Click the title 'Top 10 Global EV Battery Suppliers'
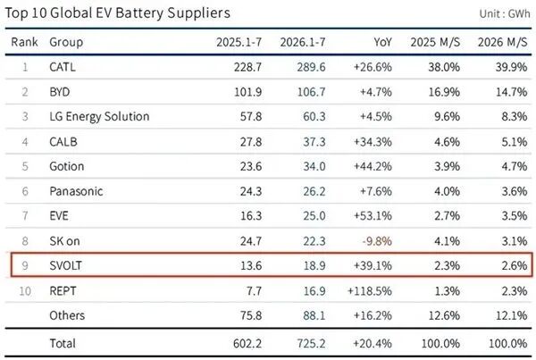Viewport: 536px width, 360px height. pos(118,13)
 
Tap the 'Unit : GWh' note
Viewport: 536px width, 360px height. pos(505,13)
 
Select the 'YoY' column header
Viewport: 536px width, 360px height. pos(382,42)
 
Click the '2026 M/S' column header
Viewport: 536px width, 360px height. pos(502,42)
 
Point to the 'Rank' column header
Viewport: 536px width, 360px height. pos(24,42)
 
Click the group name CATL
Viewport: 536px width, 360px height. pos(63,67)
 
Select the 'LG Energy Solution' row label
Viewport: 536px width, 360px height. pos(99,117)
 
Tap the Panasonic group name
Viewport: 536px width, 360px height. pos(76,191)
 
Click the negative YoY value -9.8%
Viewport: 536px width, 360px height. pos(377,241)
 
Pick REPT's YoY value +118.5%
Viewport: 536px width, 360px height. pos(370,291)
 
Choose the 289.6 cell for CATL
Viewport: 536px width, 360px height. pos(311,67)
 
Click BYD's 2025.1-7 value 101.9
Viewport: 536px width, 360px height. pos(247,92)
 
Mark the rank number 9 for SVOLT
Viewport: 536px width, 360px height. pos(25,265)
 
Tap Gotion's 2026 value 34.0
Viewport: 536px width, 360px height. pos(314,166)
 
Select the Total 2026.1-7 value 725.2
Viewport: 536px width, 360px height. pos(311,343)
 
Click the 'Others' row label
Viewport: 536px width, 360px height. pos(67,315)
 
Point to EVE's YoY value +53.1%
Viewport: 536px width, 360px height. pos(373,216)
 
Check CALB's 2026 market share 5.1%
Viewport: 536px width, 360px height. pos(515,141)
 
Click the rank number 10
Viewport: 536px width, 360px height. pos(25,291)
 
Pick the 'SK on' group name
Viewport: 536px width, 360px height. pos(64,241)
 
